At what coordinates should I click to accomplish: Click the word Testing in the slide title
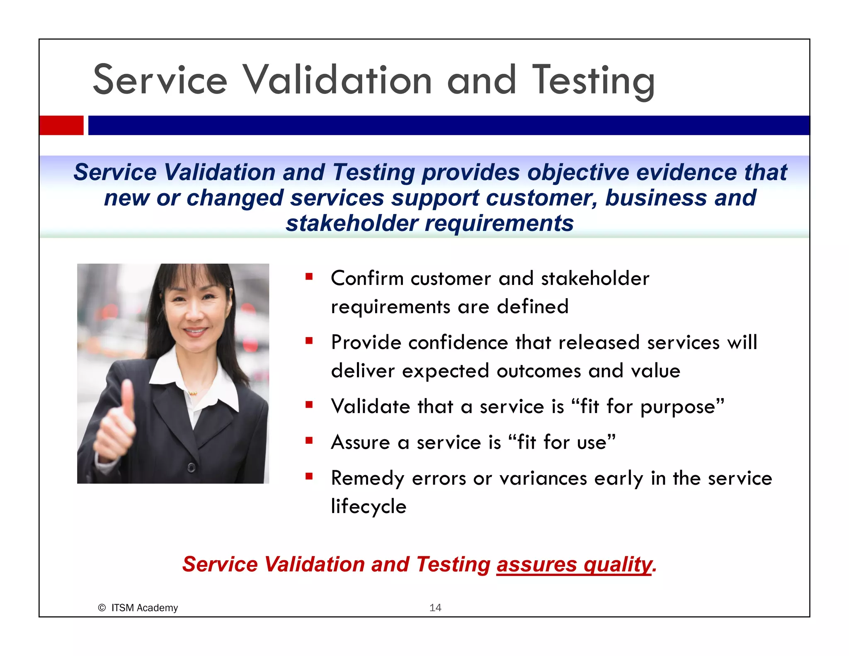pyautogui.click(x=593, y=81)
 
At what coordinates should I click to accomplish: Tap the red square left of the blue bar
pyautogui.click(x=61, y=125)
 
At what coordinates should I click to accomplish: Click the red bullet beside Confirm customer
pyautogui.click(x=309, y=277)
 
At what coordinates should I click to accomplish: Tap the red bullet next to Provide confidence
pyautogui.click(x=309, y=341)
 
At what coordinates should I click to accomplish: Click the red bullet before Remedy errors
pyautogui.click(x=309, y=476)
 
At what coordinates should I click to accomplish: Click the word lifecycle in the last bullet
pyautogui.click(x=369, y=507)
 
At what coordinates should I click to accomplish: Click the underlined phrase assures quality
pyautogui.click(x=574, y=564)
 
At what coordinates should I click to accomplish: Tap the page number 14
pyautogui.click(x=435, y=607)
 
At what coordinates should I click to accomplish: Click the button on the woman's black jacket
pyautogui.click(x=191, y=468)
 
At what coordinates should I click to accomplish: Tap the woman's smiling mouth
pyautogui.click(x=195, y=332)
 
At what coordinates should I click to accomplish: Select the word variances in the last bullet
pyautogui.click(x=543, y=479)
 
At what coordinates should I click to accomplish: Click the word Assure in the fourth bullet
pyautogui.click(x=360, y=442)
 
